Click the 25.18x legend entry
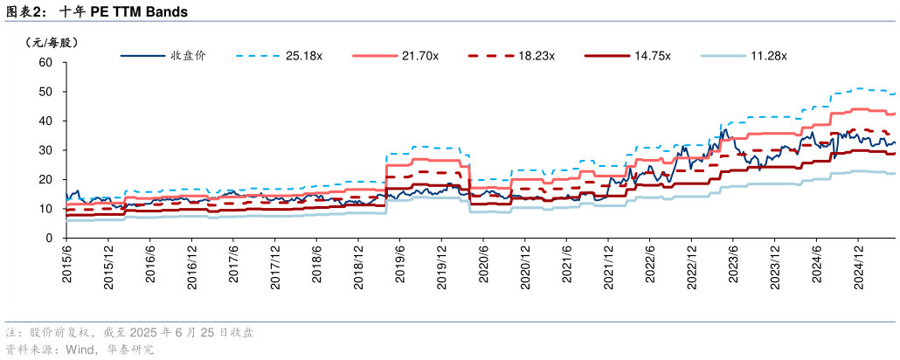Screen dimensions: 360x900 pos(303,56)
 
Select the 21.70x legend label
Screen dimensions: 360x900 pos(420,56)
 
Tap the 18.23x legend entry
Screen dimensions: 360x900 pos(537,56)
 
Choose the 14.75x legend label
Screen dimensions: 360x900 pos(653,56)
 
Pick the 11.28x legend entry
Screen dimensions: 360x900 pos(769,56)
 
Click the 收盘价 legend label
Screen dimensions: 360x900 pos(187,56)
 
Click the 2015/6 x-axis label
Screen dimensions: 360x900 pos(67,263)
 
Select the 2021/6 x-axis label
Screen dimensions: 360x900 pos(566,263)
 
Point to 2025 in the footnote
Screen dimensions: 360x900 pos(144,333)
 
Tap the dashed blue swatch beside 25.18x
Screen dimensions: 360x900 pos(254,56)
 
